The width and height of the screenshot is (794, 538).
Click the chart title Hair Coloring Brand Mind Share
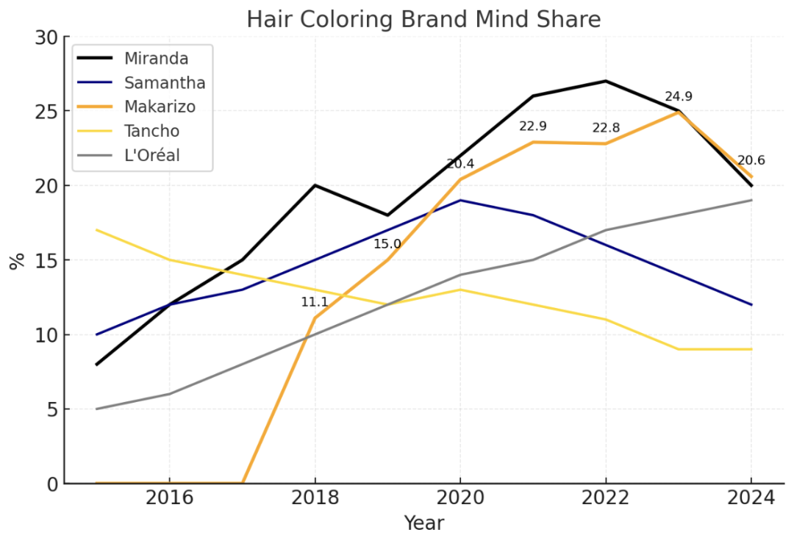click(x=423, y=20)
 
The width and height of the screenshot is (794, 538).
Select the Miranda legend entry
click(x=156, y=58)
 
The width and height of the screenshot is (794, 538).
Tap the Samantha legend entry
click(x=164, y=82)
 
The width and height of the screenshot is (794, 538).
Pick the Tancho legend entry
click(x=151, y=132)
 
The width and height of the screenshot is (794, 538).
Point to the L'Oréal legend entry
click(x=151, y=156)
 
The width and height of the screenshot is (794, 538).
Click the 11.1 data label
click(x=315, y=302)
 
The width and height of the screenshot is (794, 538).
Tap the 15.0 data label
click(x=387, y=244)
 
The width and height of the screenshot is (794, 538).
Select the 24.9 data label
click(x=679, y=97)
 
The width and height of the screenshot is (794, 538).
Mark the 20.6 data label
click(x=751, y=161)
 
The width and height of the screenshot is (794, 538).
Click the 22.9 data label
click(x=533, y=126)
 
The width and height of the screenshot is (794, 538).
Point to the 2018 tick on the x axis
click(x=315, y=498)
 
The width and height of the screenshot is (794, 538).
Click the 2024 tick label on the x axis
click(x=751, y=498)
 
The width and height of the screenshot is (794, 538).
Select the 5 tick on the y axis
click(x=51, y=409)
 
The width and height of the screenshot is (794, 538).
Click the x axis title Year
click(x=423, y=523)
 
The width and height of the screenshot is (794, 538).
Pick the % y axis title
click(x=16, y=260)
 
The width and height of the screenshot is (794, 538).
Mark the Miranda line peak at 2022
click(x=606, y=81)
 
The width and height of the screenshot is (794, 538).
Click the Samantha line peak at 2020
click(x=460, y=200)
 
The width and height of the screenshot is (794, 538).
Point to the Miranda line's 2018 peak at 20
click(x=315, y=185)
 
